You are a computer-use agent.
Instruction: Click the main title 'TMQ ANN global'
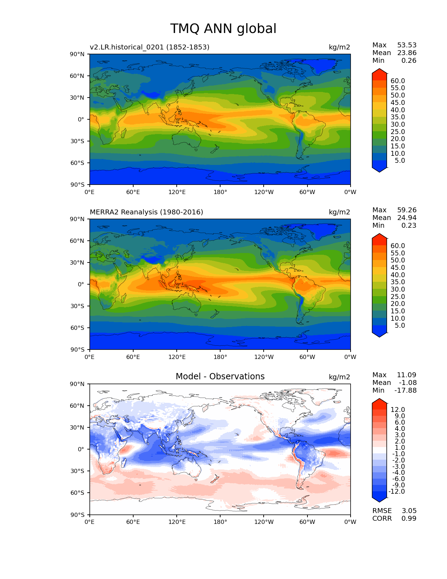point(223,29)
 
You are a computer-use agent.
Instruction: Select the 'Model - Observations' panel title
point(220,377)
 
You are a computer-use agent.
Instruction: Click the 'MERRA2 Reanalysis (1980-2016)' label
point(146,212)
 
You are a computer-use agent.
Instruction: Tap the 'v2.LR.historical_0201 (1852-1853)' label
point(149,47)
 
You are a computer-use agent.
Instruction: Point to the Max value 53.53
point(407,45)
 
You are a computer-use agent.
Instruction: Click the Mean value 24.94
point(407,218)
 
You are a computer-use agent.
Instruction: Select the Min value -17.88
point(406,390)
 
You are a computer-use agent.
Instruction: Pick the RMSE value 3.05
point(409,511)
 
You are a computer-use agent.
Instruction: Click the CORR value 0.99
point(409,518)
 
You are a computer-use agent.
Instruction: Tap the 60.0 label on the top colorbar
point(398,81)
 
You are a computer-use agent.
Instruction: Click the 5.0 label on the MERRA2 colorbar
point(400,325)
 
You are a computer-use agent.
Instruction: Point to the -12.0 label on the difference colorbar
point(397,491)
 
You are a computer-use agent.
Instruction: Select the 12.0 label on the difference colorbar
point(398,410)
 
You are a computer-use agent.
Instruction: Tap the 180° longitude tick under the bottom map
point(220,522)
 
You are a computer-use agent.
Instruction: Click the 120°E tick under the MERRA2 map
point(177,357)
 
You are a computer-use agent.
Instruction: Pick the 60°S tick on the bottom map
point(77,493)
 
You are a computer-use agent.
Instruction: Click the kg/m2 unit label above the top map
point(339,47)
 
